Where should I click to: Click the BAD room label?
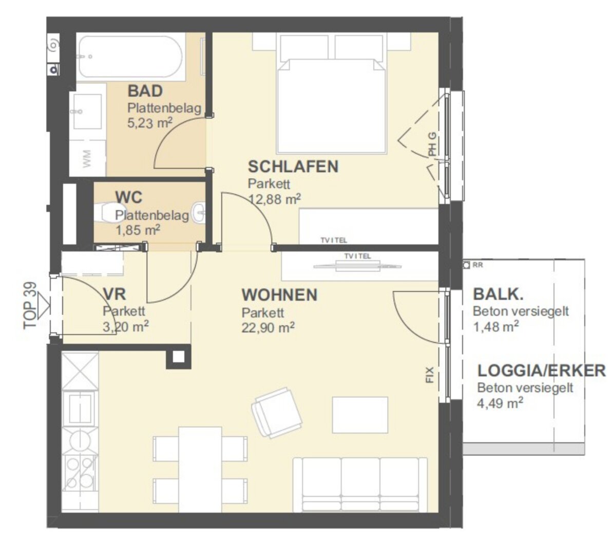click(x=145, y=91)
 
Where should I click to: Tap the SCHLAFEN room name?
click(x=293, y=167)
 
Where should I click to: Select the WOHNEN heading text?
click(x=279, y=295)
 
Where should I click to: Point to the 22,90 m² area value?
click(x=268, y=327)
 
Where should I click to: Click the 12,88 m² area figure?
click(x=275, y=199)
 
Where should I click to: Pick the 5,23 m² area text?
click(x=150, y=123)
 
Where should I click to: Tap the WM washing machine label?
click(x=87, y=159)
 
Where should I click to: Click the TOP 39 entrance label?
click(x=30, y=306)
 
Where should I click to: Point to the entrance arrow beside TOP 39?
click(x=44, y=306)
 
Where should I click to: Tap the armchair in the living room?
click(x=276, y=413)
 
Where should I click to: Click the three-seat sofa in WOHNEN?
click(x=360, y=484)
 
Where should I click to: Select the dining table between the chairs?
click(x=200, y=470)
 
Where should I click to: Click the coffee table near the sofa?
click(x=360, y=415)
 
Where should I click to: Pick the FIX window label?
click(x=430, y=375)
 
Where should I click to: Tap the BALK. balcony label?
click(x=498, y=294)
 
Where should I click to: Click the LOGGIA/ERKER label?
click(x=542, y=371)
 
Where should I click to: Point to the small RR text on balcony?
click(x=477, y=265)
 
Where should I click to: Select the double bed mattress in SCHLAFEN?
click(x=331, y=105)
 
